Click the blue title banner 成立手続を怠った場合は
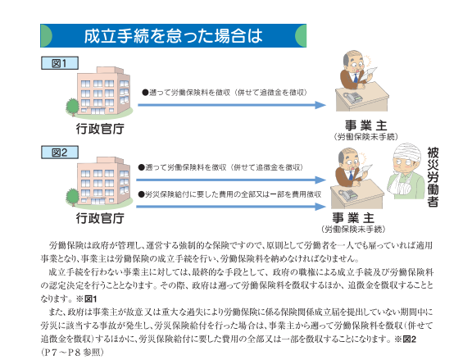pyautogui.click(x=174, y=35)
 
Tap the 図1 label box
pyautogui.click(x=60, y=63)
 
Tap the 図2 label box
pyautogui.click(x=60, y=153)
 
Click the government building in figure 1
pyautogui.click(x=103, y=91)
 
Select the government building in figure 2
pyautogui.click(x=103, y=180)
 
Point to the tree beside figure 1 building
pyautogui.click(x=72, y=106)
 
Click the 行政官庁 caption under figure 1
pyautogui.click(x=100, y=129)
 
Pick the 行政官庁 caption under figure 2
pyautogui.click(x=100, y=218)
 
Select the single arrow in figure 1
pyautogui.click(x=232, y=105)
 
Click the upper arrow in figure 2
pyautogui.click(x=231, y=180)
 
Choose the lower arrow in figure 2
pyautogui.click(x=231, y=207)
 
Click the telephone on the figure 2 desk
pyautogui.click(x=348, y=195)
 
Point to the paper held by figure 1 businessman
pyautogui.click(x=369, y=74)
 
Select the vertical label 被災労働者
pyautogui.click(x=433, y=177)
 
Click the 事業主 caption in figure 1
pyautogui.click(x=365, y=125)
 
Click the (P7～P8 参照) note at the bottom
pyautogui.click(x=72, y=352)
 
